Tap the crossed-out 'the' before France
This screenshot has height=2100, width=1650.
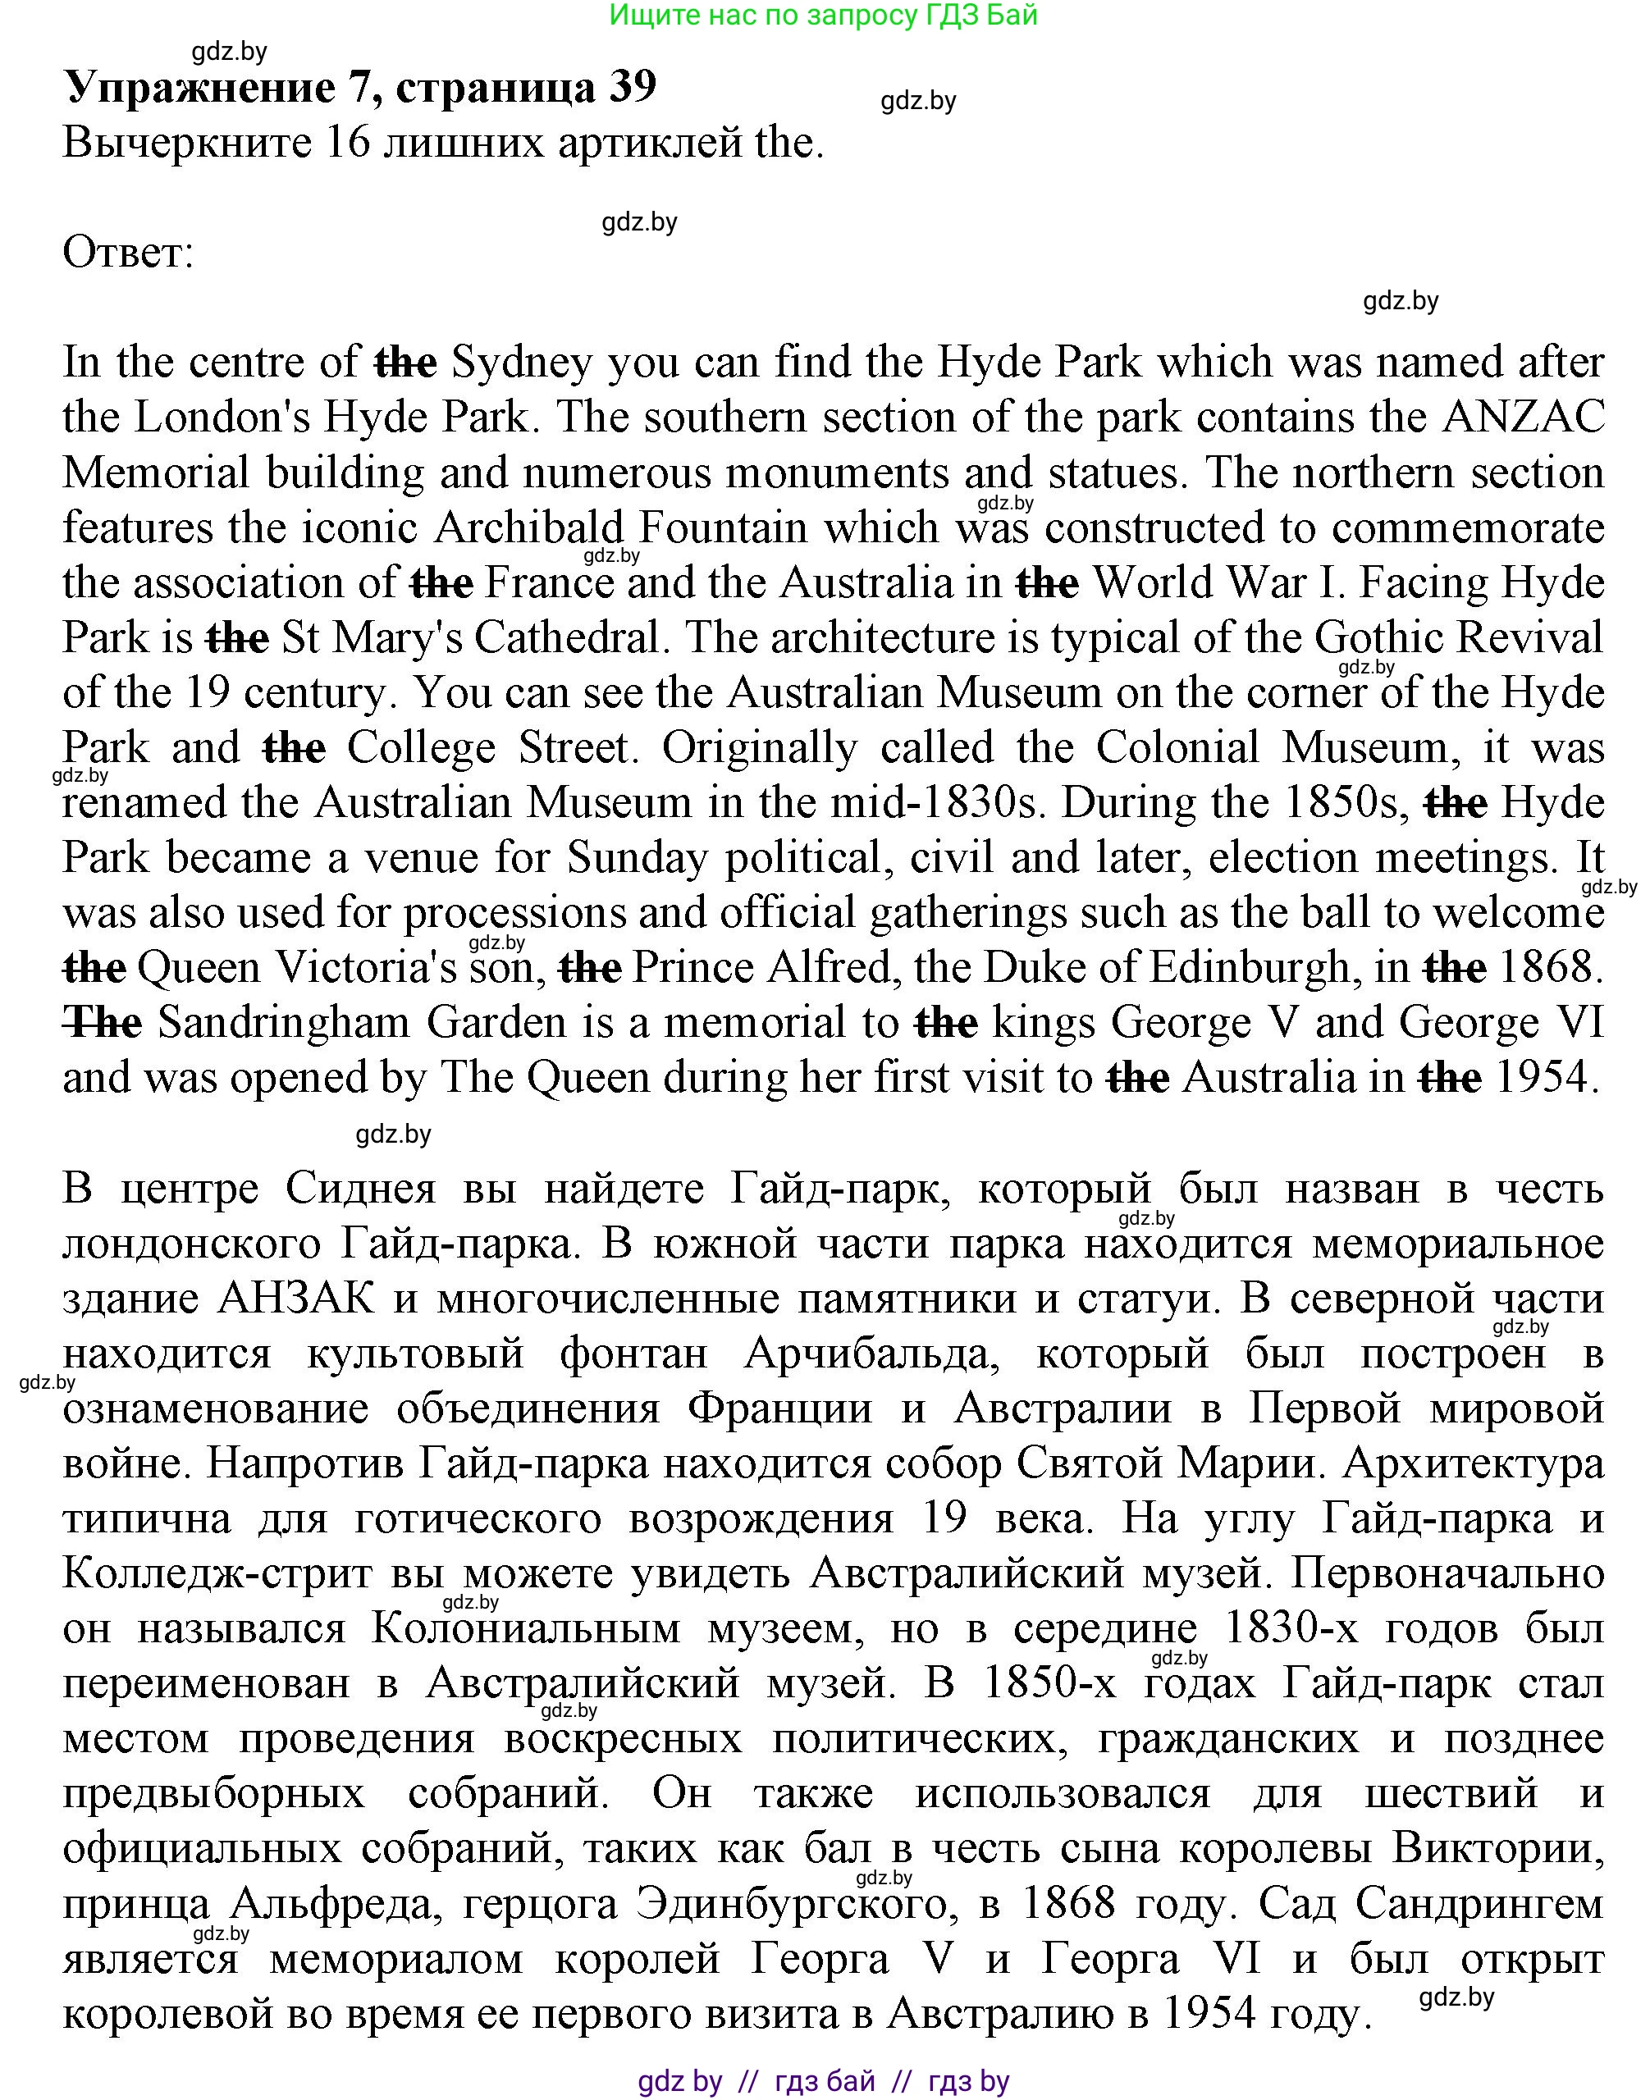(x=441, y=583)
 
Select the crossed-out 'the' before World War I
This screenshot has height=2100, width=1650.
(x=1047, y=583)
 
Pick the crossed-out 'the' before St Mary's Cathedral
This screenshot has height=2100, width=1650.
(x=238, y=638)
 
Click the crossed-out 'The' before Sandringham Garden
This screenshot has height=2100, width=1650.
(x=103, y=1023)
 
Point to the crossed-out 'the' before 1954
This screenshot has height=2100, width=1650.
(x=1449, y=1078)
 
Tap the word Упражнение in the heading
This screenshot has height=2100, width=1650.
(x=198, y=87)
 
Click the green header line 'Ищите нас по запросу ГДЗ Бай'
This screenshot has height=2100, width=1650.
(x=824, y=16)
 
